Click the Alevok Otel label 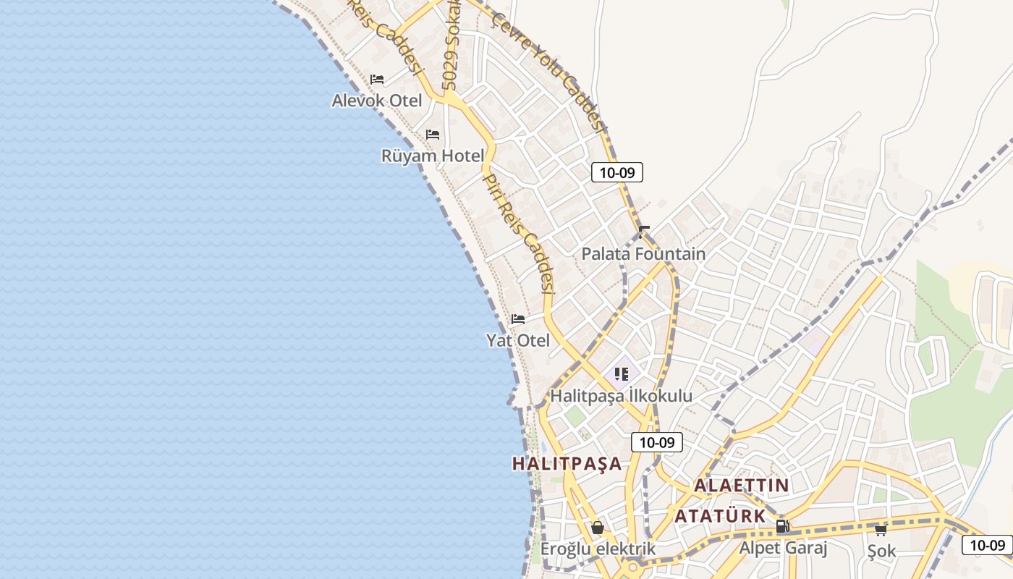point(376,100)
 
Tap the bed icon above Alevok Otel point(377,79)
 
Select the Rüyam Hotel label point(433,156)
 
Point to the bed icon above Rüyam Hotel point(433,135)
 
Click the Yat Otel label point(518,340)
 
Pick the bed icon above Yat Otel point(518,318)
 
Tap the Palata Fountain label point(643,254)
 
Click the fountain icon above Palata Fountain point(644,232)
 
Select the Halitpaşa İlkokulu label point(622,396)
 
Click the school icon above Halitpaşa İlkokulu point(622,374)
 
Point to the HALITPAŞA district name point(567,464)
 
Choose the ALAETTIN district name point(742,486)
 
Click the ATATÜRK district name point(720,516)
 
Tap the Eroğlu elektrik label point(598,549)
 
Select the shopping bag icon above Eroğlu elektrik point(598,528)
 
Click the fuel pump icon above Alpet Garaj point(782,526)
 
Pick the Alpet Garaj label point(782,548)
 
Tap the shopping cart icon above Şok point(881,530)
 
